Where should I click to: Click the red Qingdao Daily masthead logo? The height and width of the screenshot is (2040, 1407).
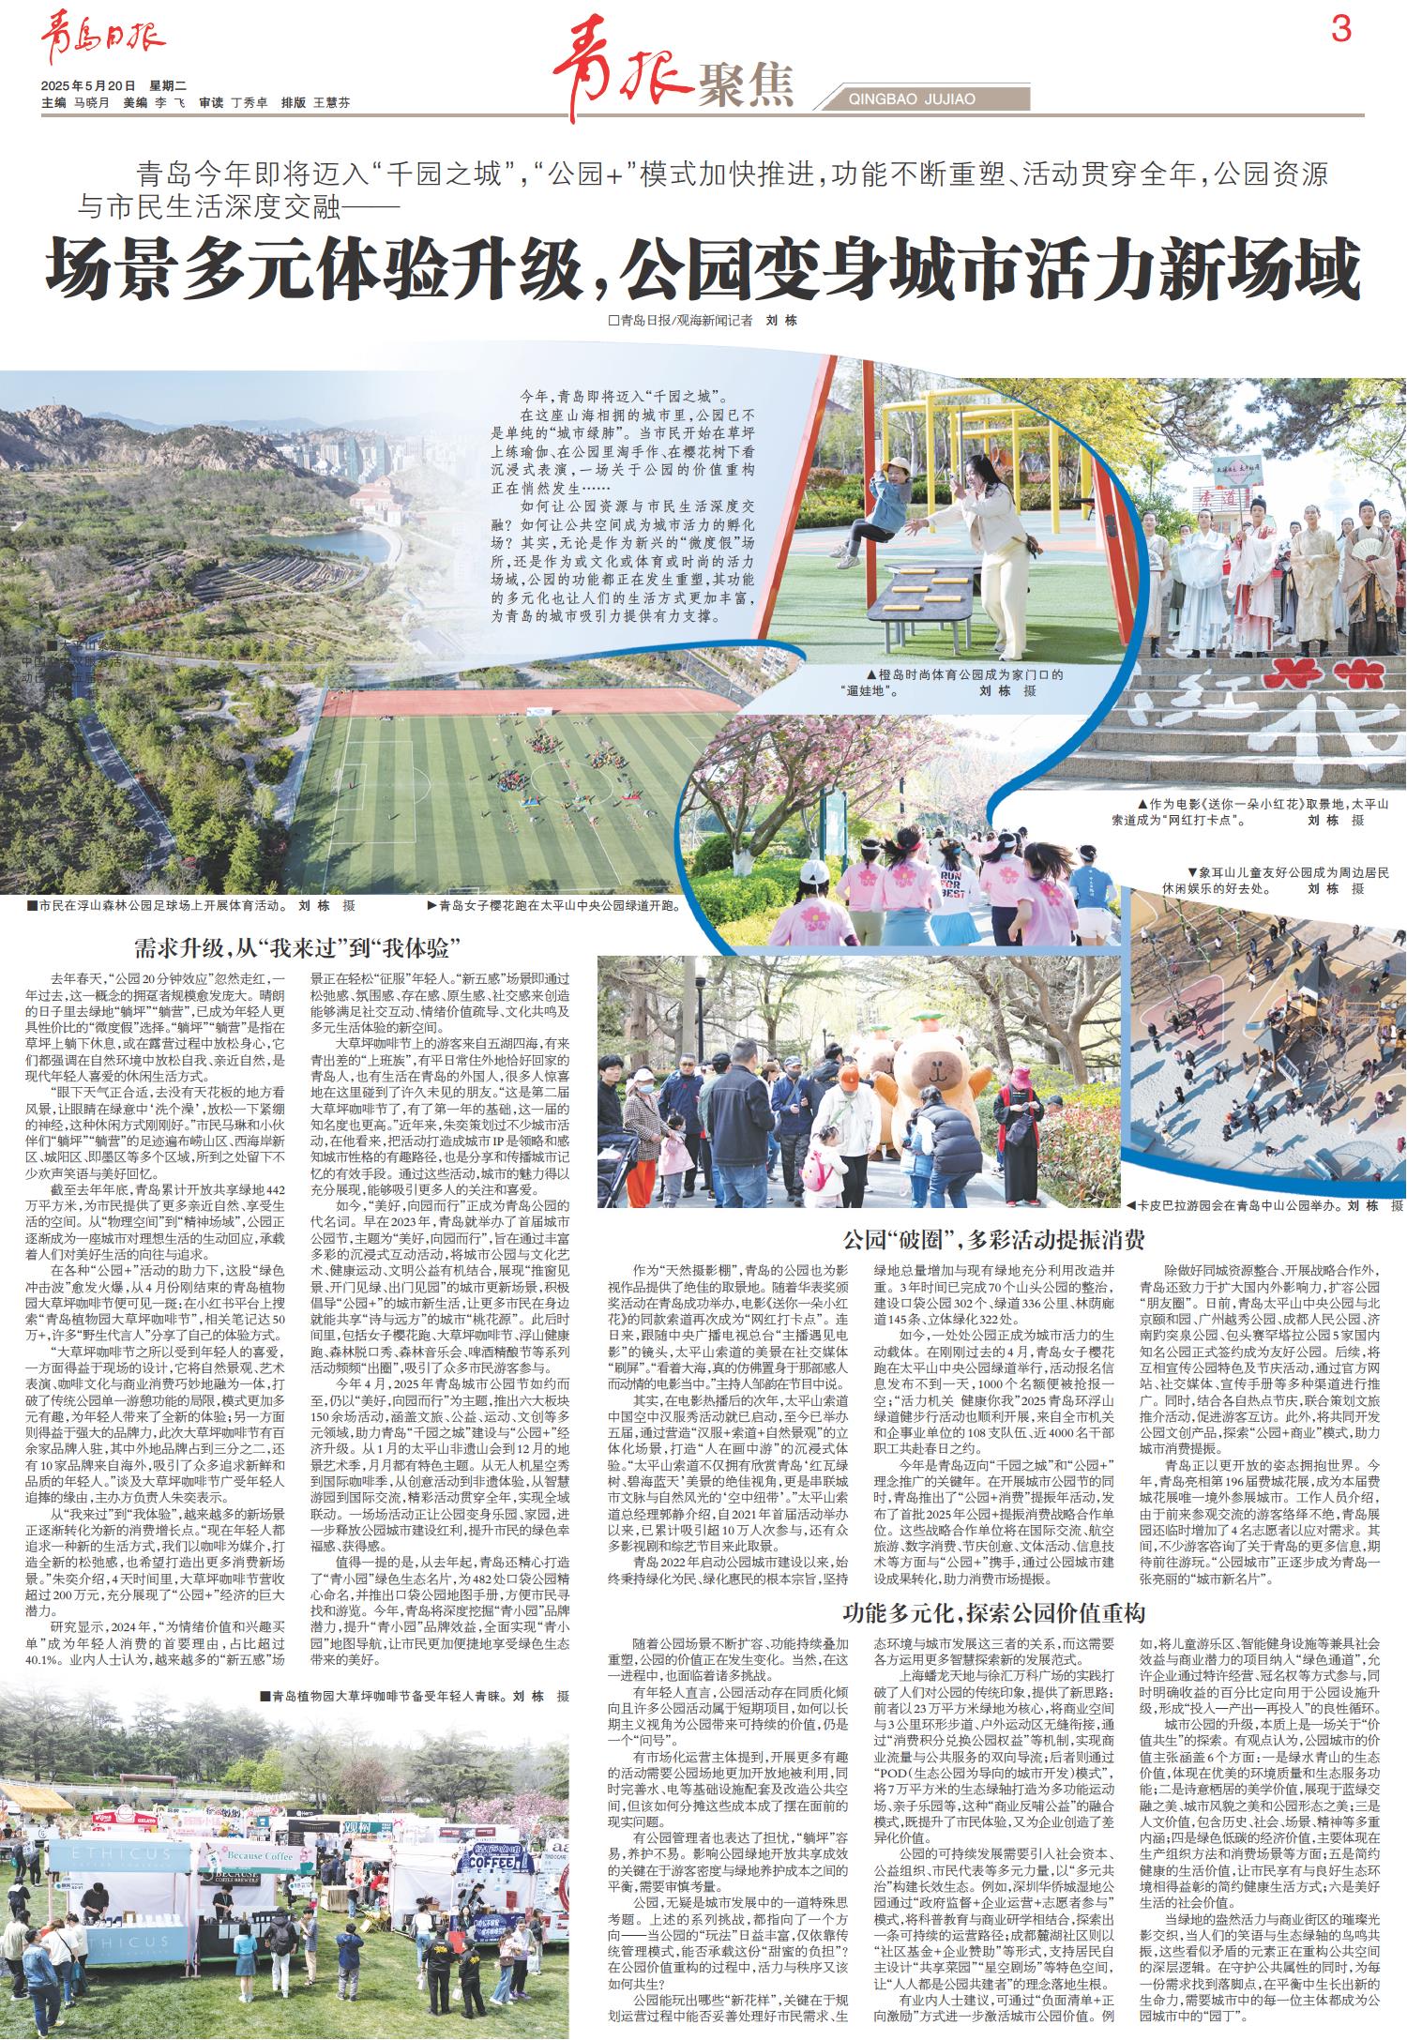pos(101,39)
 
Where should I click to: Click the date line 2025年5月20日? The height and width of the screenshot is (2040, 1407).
pos(88,84)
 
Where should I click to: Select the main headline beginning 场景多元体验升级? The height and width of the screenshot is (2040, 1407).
pos(703,268)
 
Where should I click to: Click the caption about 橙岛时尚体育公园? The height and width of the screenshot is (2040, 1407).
pos(947,682)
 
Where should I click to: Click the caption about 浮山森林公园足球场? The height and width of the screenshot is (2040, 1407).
pos(188,907)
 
